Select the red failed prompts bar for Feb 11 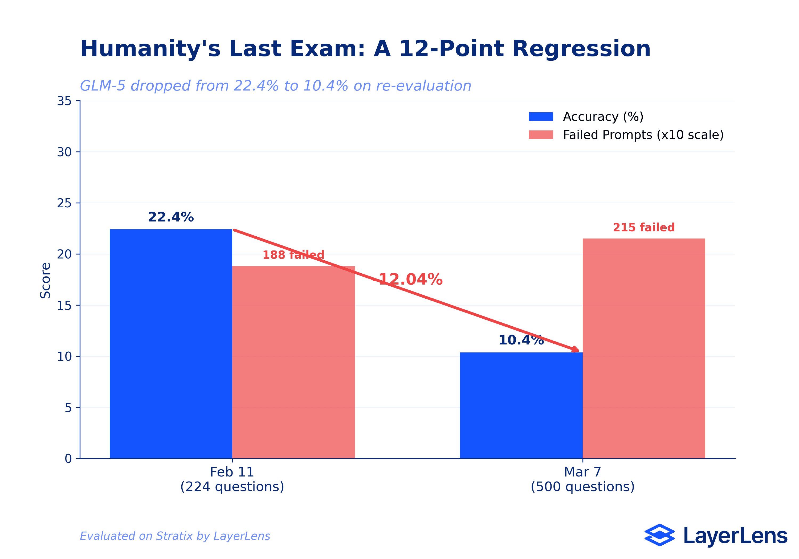pyautogui.click(x=293, y=362)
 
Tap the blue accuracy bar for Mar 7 pyautogui.click(x=521, y=405)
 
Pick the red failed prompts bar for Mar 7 pyautogui.click(x=644, y=348)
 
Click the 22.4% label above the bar pyautogui.click(x=171, y=217)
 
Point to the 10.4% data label pyautogui.click(x=521, y=340)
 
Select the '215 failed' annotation pyautogui.click(x=643, y=228)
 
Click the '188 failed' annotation pyautogui.click(x=293, y=255)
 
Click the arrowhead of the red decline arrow pyautogui.click(x=576, y=350)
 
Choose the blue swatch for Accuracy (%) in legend pyautogui.click(x=541, y=117)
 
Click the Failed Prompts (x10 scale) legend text pyautogui.click(x=643, y=135)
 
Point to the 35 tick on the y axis pyautogui.click(x=64, y=101)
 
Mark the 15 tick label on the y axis pyautogui.click(x=64, y=305)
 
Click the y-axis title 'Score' pyautogui.click(x=46, y=280)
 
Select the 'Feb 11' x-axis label pyautogui.click(x=232, y=472)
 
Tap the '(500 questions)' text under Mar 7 pyautogui.click(x=582, y=487)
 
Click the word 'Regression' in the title pyautogui.click(x=581, y=49)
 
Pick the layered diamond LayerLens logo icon pyautogui.click(x=659, y=535)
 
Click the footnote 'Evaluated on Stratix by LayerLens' pyautogui.click(x=175, y=536)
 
